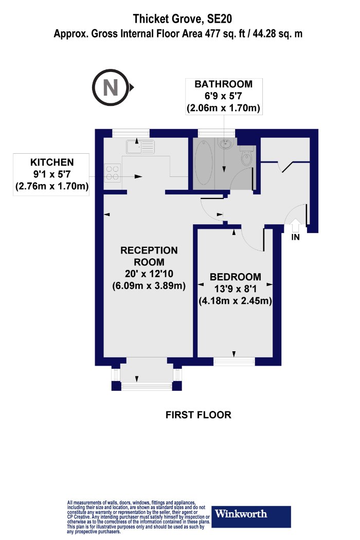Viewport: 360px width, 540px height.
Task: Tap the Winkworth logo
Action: [251, 516]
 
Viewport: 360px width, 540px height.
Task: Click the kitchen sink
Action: [140, 147]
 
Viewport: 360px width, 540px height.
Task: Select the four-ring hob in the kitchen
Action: [112, 173]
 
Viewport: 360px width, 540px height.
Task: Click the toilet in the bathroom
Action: [247, 156]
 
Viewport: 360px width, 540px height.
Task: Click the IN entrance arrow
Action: [295, 226]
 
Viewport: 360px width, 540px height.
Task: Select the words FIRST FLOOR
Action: [199, 415]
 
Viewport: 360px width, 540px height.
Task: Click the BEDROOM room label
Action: [236, 277]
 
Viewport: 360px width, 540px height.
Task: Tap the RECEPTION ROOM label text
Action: [149, 256]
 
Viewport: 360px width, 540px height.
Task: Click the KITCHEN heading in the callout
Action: [52, 162]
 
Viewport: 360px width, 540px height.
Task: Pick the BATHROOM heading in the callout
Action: [223, 84]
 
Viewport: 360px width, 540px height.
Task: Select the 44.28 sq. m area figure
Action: [277, 34]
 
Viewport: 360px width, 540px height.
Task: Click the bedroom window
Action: [235, 361]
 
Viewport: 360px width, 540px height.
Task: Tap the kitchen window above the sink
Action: [131, 133]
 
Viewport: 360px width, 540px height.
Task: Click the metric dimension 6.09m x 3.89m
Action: [149, 286]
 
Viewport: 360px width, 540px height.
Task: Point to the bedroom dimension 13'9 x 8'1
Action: [236, 289]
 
